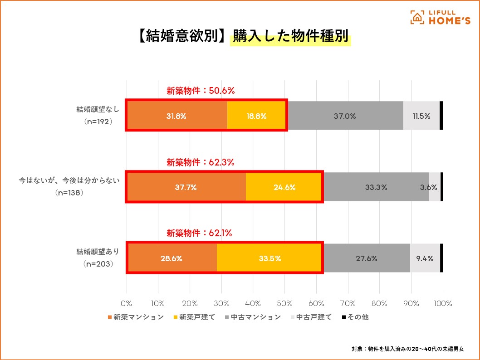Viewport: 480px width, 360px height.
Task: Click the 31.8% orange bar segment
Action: click(176, 116)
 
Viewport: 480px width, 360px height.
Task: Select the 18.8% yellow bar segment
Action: click(256, 116)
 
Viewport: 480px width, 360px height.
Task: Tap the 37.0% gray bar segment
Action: click(345, 116)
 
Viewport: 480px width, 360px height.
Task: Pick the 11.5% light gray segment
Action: click(421, 116)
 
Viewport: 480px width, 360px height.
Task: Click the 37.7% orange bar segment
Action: click(186, 187)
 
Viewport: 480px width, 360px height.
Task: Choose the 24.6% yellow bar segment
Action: click(284, 187)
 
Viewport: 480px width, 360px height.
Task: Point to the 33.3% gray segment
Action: click(376, 187)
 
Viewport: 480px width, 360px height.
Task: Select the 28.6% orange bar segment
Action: click(171, 258)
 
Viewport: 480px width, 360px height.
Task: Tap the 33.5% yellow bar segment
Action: click(270, 258)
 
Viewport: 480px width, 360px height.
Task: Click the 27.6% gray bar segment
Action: click(367, 258)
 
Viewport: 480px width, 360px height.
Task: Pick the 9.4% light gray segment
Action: click(425, 258)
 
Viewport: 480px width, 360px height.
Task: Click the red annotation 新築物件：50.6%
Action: click(201, 91)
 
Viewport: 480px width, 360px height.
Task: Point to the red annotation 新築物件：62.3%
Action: click(201, 162)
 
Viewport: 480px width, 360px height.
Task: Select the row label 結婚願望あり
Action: click(98, 252)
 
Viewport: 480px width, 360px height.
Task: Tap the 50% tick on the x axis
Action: click(284, 303)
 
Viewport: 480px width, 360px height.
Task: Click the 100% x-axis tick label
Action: click(442, 303)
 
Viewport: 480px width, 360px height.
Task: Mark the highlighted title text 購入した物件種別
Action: click(291, 37)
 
